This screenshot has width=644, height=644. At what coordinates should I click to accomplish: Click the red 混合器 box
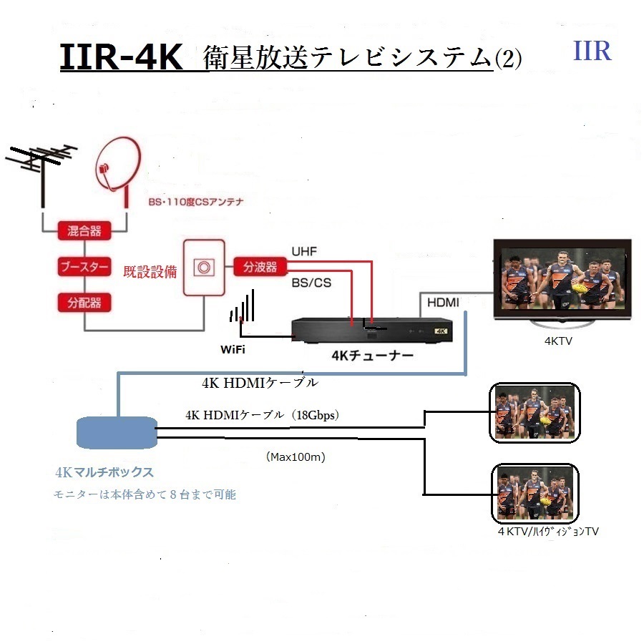84,230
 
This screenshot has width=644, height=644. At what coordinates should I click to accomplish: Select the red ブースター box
84,268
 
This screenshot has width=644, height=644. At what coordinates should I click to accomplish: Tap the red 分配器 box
84,303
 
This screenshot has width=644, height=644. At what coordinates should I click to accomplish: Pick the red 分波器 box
255,267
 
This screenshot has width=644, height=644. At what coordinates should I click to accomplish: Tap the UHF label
303,251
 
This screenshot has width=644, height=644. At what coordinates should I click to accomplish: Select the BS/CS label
311,283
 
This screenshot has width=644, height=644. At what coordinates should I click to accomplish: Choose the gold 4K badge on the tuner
441,331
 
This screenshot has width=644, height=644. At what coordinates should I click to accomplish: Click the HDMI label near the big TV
443,303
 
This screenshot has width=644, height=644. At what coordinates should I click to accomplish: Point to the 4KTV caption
559,342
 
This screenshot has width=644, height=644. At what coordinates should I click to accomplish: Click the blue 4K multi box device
116,431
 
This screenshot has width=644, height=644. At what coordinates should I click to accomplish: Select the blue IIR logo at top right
592,52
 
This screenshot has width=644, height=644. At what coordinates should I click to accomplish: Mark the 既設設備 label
150,272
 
